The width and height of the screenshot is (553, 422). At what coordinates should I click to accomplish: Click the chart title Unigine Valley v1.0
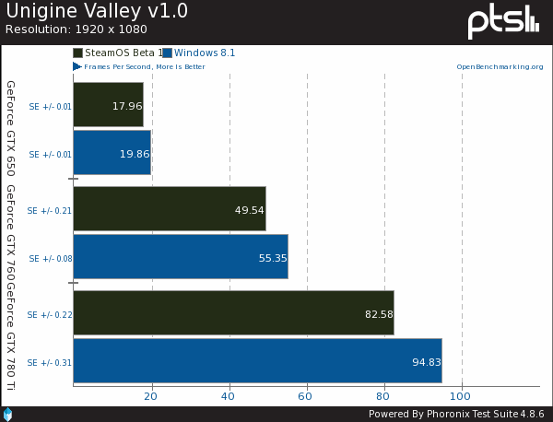pos(84,12)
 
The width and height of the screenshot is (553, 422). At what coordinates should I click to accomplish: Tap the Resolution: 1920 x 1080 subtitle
pos(68,29)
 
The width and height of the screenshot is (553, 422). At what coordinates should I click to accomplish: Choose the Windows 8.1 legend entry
pos(204,53)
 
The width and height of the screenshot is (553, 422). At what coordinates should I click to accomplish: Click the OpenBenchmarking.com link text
pos(498,67)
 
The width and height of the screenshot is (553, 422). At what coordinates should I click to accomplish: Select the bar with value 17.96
pos(108,105)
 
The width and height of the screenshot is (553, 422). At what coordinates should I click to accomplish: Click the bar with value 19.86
pos(112,153)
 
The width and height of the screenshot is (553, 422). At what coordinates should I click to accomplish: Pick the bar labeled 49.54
pos(169,209)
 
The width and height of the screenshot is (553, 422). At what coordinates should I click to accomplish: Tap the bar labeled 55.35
pos(180,257)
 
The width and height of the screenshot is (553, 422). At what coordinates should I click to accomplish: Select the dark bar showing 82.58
pos(233,313)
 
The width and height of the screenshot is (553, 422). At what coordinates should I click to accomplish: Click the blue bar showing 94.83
pos(257,361)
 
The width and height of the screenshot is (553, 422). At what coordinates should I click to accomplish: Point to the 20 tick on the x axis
pos(151,396)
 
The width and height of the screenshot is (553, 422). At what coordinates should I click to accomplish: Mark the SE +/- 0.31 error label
pos(51,362)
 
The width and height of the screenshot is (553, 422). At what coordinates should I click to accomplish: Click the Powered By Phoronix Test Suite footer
pos(456,414)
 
